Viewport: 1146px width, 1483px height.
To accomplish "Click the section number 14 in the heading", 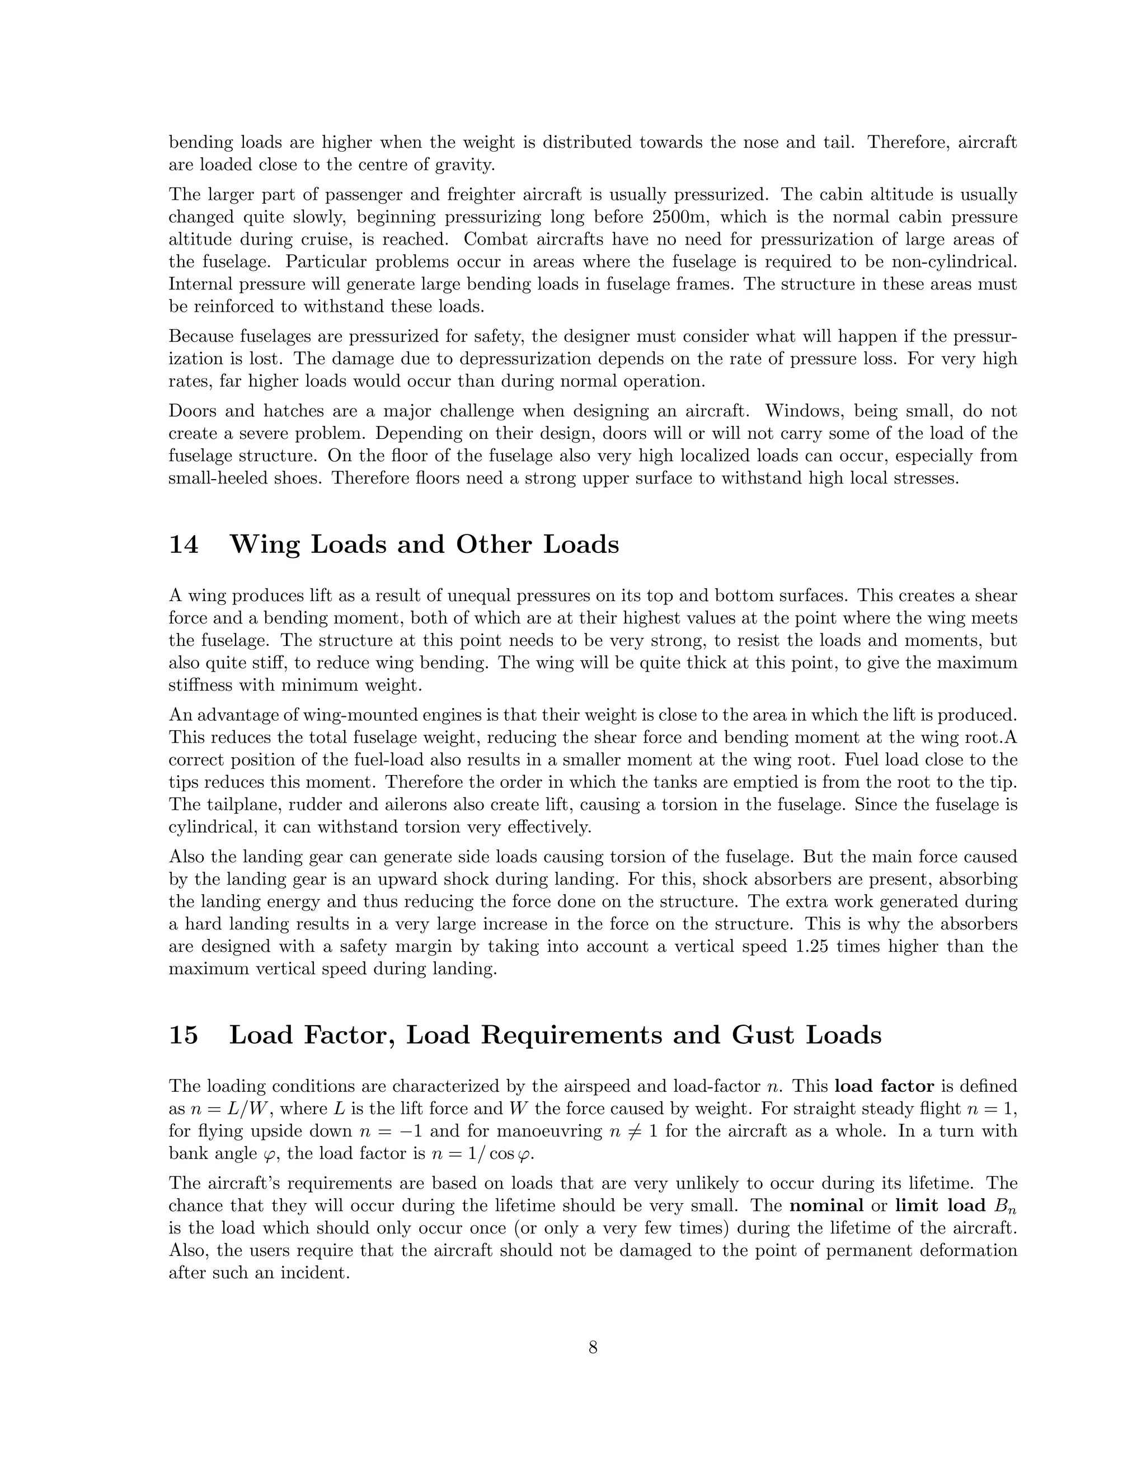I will (x=184, y=545).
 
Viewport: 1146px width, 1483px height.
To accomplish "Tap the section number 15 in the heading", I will (x=184, y=1035).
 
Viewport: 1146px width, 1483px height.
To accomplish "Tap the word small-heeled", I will (x=213, y=478).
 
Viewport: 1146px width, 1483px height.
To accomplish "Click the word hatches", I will (x=300, y=411).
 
